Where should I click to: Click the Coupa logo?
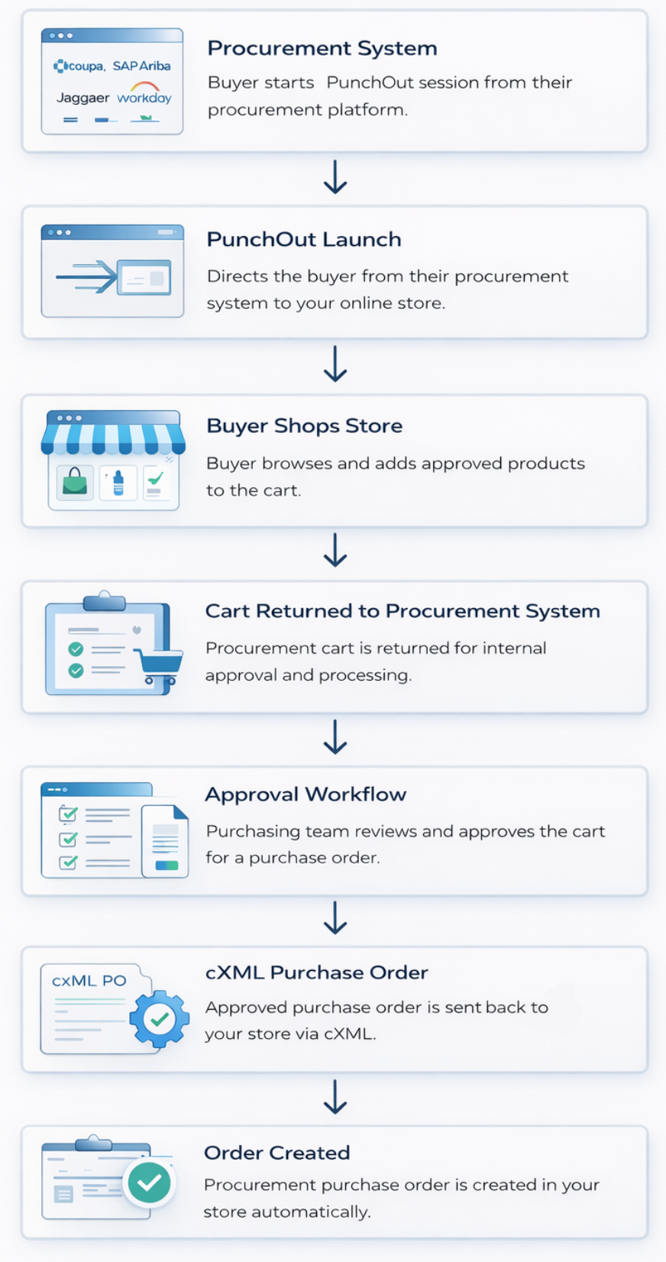coord(79,66)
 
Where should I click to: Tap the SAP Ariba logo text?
coord(141,66)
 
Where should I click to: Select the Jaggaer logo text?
coord(82,98)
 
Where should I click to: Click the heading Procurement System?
coord(322,48)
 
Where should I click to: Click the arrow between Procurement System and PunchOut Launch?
coord(335,177)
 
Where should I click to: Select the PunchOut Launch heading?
coord(304,239)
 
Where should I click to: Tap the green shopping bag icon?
coord(75,482)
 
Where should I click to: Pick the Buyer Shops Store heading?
coord(304,426)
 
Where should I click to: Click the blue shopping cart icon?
coord(159,665)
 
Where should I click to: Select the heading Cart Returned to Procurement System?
coord(403,611)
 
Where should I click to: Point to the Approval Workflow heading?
coord(306,794)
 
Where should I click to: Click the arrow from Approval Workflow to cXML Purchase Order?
coord(335,918)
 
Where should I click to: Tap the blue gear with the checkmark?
coord(159,1018)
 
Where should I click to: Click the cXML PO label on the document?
coord(89,981)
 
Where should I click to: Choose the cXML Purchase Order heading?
coord(316,972)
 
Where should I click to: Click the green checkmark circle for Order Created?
coord(149,1183)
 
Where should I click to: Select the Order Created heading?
coord(276,1153)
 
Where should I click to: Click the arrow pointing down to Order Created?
coord(335,1097)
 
